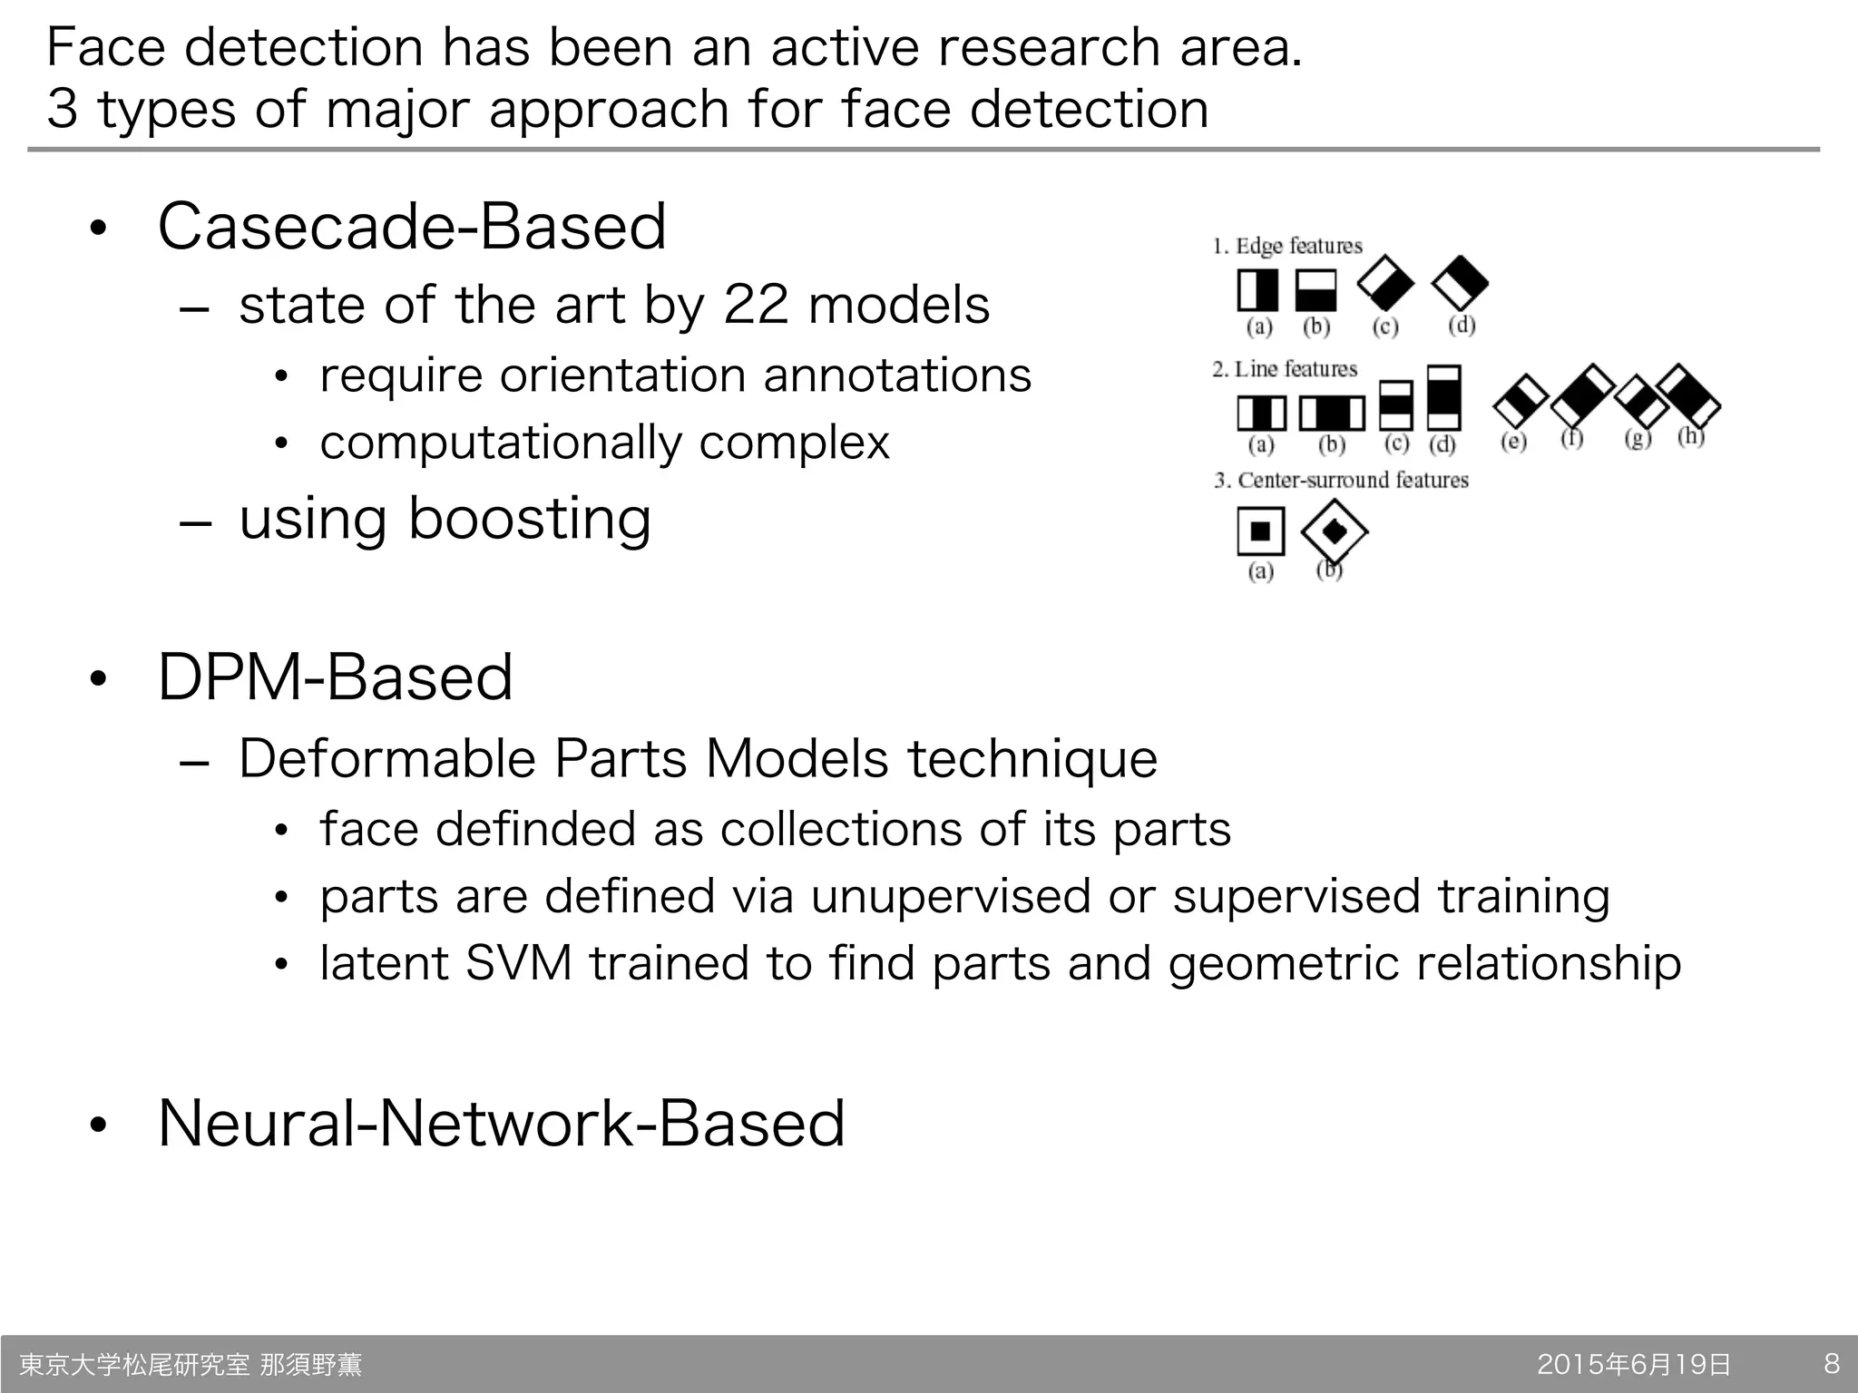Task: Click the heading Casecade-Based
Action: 412,226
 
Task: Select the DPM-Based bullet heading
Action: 336,677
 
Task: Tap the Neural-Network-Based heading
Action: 501,1123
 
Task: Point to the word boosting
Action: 530,519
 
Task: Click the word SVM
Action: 518,962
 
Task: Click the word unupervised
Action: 951,896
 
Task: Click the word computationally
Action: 501,443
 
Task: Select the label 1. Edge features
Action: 1287,246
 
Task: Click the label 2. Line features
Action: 1285,369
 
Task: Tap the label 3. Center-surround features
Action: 1341,480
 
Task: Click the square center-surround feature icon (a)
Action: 1260,531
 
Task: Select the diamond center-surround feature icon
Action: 1334,531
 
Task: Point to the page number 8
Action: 1832,1363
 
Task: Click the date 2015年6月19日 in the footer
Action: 1634,1364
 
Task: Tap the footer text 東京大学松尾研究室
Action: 134,1364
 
